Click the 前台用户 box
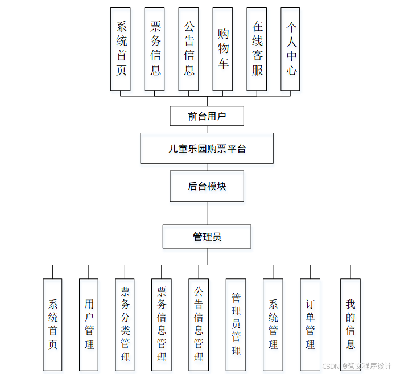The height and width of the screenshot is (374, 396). (207, 116)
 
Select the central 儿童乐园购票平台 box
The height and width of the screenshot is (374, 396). (207, 148)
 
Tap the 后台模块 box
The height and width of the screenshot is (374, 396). (207, 186)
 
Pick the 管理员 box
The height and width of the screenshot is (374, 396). (207, 236)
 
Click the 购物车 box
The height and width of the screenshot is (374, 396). (222, 49)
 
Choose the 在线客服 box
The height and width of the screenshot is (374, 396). (257, 49)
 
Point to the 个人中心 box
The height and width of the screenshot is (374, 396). (290, 49)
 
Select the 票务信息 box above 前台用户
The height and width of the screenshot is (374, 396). (154, 49)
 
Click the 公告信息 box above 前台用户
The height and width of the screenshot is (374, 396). (188, 49)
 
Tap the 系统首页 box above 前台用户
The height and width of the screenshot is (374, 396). (120, 49)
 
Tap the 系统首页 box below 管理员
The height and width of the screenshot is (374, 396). (52, 324)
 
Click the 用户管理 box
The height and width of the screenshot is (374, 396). (88, 324)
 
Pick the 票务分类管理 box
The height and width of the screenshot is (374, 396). (125, 324)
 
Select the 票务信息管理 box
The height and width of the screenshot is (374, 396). (161, 324)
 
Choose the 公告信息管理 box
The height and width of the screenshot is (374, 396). (199, 324)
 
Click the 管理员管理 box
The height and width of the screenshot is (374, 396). (236, 324)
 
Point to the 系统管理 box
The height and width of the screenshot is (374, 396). (273, 324)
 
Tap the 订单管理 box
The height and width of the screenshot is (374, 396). (310, 324)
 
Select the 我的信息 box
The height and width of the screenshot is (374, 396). (350, 324)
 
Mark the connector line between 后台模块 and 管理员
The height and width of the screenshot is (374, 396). (207, 213)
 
